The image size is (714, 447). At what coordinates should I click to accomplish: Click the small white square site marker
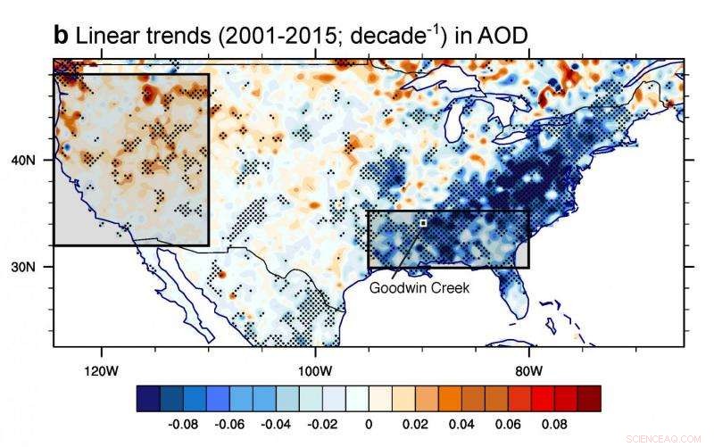423,222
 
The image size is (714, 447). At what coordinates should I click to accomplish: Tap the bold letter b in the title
61,36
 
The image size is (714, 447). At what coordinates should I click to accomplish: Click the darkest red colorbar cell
589,398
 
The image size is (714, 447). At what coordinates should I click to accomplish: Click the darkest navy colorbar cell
148,398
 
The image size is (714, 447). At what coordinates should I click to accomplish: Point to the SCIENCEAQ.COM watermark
665,439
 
